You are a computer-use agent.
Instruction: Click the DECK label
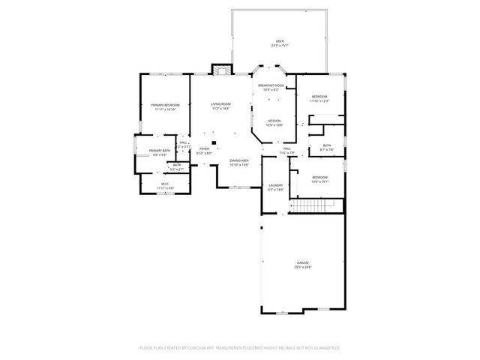point(280,40)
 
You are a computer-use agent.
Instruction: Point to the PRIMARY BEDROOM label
point(165,105)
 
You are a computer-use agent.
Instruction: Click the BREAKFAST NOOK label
point(271,85)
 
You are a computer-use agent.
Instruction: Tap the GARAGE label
point(303,262)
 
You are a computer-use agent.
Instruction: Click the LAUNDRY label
point(275,185)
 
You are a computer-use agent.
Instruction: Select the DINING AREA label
point(239,160)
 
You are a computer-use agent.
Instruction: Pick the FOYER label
point(204,149)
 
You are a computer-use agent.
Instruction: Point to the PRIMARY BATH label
point(160,151)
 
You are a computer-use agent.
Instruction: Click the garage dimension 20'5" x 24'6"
point(303,267)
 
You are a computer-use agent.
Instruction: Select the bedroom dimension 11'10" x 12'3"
point(320,101)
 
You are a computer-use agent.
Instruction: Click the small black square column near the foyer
point(214,142)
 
